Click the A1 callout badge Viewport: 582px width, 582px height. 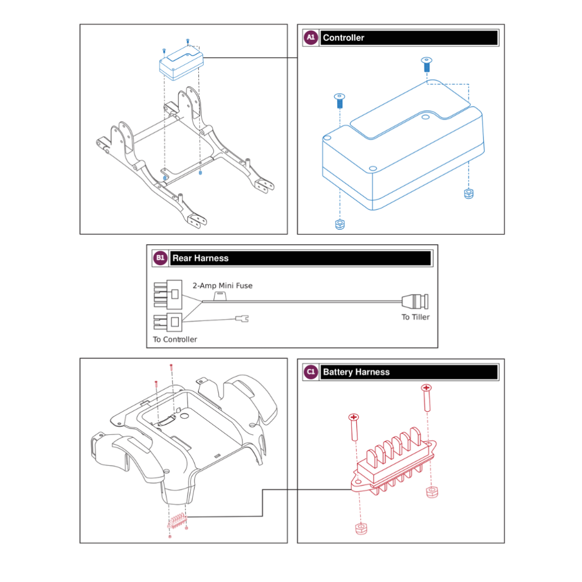[x=310, y=38]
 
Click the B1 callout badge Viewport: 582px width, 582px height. [x=160, y=258]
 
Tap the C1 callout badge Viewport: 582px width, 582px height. [x=310, y=372]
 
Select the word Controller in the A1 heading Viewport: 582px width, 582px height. [x=343, y=38]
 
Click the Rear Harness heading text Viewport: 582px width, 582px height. [x=200, y=258]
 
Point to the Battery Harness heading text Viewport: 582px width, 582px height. [x=356, y=372]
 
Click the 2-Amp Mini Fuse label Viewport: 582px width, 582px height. [x=223, y=286]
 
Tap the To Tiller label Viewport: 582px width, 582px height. [x=415, y=317]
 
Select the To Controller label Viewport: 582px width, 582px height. [x=175, y=339]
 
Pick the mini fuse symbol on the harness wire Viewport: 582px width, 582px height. [x=220, y=295]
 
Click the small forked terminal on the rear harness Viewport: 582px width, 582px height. [x=242, y=319]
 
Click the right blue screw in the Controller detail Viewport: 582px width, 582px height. [x=426, y=65]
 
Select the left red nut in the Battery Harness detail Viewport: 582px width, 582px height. [x=361, y=528]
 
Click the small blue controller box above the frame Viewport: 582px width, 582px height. [x=181, y=65]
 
